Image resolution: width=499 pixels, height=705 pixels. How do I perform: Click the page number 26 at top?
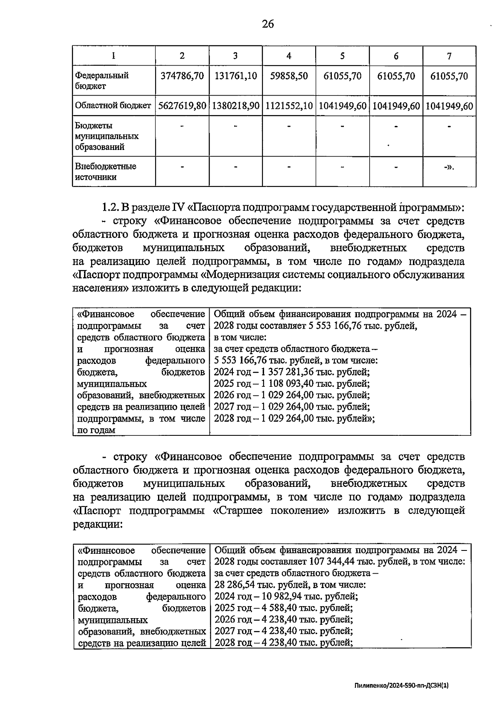pyautogui.click(x=268, y=24)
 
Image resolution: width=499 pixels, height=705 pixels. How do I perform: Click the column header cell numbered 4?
pyautogui.click(x=289, y=56)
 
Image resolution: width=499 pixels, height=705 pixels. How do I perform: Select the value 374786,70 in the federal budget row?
pyautogui.click(x=182, y=76)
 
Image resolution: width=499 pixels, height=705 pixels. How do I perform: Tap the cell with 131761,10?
pyautogui.click(x=235, y=76)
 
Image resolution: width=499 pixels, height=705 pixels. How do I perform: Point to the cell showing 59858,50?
pyautogui.click(x=289, y=76)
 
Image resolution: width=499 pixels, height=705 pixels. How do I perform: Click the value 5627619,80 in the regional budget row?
pyautogui.click(x=182, y=106)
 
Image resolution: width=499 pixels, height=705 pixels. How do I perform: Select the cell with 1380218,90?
pyautogui.click(x=235, y=106)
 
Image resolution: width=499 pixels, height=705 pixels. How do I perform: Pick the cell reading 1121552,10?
pyautogui.click(x=289, y=106)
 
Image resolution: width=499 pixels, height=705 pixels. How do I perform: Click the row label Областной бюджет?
pyautogui.click(x=113, y=106)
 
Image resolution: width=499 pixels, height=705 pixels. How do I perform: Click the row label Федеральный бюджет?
pyautogui.click(x=102, y=81)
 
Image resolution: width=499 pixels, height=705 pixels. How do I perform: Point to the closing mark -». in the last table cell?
pyautogui.click(x=449, y=167)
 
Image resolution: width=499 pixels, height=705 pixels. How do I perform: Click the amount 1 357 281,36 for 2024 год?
pyautogui.click(x=287, y=372)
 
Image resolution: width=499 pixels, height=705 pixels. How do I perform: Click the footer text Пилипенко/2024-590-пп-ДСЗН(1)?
pyautogui.click(x=402, y=686)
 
